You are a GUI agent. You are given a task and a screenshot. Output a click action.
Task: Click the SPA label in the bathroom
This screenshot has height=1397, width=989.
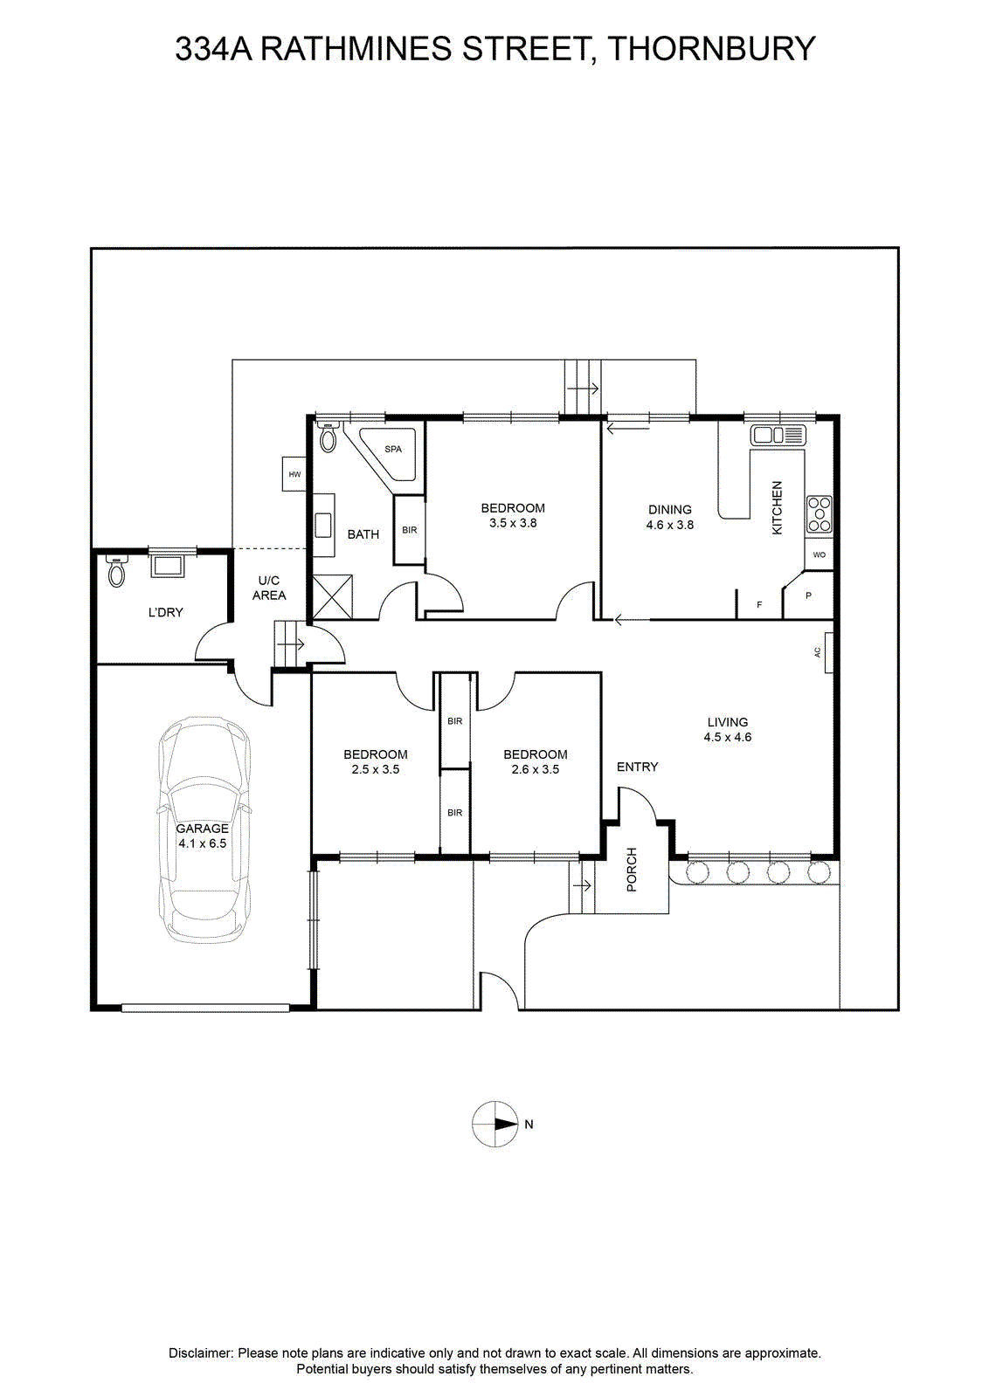pos(393,449)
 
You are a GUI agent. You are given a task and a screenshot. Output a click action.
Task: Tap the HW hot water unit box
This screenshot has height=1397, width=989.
pos(294,474)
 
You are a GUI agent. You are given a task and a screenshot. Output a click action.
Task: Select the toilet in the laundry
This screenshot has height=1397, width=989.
pos(117,571)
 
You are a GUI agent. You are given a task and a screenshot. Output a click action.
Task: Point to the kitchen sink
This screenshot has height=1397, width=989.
pos(778,435)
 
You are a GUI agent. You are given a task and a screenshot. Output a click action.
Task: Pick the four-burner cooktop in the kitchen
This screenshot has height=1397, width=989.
pos(819,514)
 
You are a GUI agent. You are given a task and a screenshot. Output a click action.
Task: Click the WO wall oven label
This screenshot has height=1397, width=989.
pos(820,554)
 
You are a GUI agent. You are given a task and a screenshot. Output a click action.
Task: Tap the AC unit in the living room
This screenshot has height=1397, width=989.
pos(828,652)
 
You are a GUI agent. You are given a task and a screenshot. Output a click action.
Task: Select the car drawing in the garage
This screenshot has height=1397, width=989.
pos(204,830)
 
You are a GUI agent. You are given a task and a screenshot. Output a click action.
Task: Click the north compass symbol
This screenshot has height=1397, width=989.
pos(494,1124)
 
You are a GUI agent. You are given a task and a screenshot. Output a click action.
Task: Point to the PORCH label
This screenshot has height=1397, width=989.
pos(632,870)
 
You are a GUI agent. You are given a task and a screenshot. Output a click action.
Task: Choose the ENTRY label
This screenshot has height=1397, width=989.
pos(637,767)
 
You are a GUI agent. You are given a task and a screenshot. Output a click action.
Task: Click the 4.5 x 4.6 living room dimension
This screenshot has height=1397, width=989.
pos(728,737)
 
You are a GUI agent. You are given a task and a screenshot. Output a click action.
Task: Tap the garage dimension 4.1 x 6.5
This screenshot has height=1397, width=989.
pos(202,843)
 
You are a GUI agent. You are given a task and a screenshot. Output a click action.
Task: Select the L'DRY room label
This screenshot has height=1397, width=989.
pos(165,612)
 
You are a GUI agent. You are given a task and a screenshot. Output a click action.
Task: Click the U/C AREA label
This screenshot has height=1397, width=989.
pos(269,588)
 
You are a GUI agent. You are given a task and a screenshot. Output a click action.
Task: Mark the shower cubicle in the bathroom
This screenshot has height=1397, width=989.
pos(333,597)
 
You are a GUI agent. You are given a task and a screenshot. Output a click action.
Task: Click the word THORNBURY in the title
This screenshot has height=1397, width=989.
pos(712,49)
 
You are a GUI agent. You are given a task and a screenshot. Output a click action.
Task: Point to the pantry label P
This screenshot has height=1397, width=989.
pos(808,595)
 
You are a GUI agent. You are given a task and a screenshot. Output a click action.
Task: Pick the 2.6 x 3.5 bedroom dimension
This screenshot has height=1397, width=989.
pos(536,769)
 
